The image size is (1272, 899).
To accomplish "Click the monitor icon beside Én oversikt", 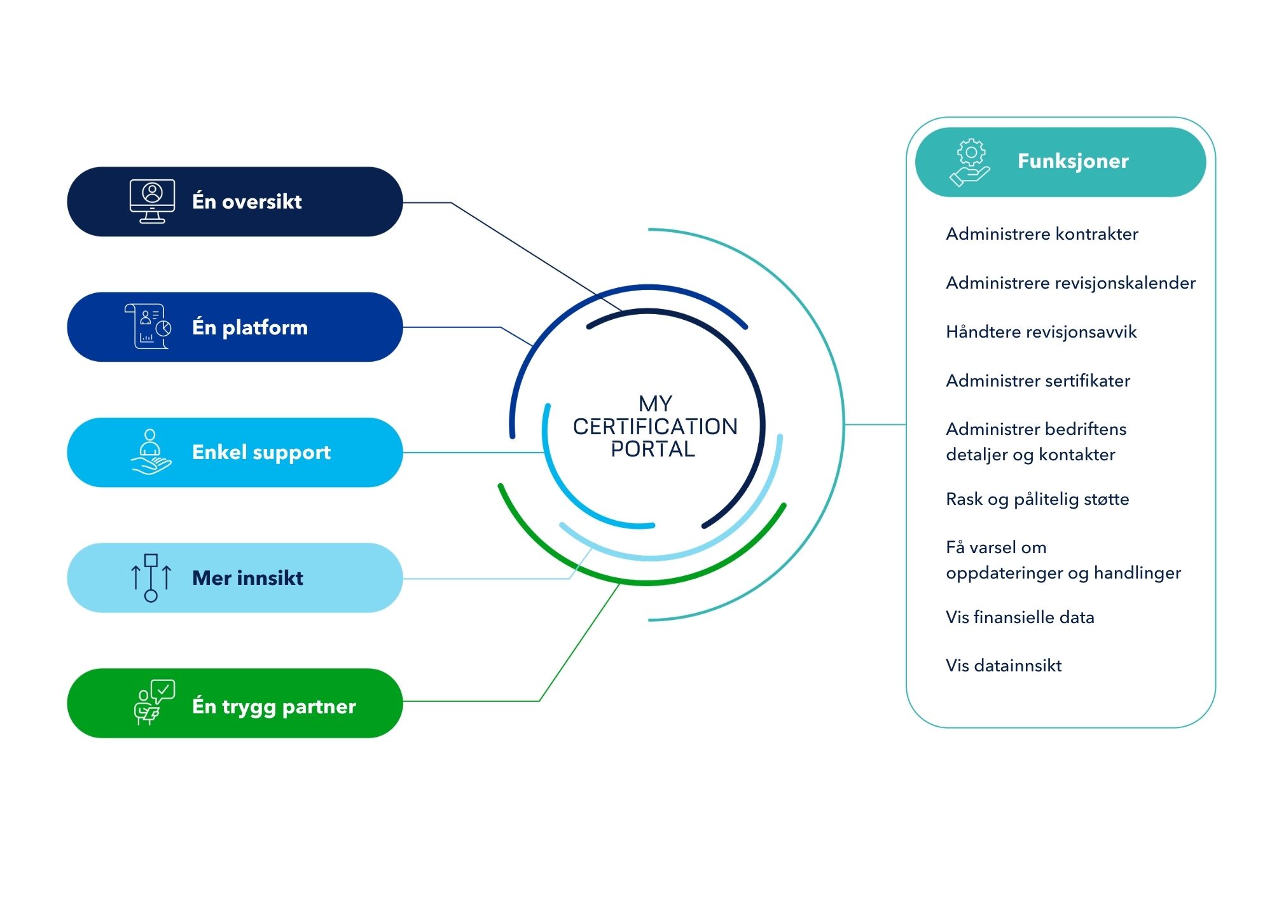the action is pos(152,202).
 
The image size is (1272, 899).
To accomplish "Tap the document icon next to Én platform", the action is pos(148,326).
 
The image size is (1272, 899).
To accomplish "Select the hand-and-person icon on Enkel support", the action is pos(151,451).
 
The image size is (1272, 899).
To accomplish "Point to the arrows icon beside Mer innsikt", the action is pos(151,577).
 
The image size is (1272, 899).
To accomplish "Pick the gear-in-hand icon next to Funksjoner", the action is pos(970,163).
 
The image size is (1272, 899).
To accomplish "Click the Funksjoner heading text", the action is pos(1073,161).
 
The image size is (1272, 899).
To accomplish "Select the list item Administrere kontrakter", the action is pos(1042,234).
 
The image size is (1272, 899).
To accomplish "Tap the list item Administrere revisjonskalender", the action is pos(1070,283).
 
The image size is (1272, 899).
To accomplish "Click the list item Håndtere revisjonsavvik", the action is pos(1041,332).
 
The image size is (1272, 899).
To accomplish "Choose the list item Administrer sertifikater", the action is pos(1038,381).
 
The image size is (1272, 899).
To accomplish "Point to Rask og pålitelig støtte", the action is pos(1037,499).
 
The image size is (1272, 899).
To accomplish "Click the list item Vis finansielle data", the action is pos(1020,617).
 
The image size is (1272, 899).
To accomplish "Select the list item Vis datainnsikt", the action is pos(1004,666).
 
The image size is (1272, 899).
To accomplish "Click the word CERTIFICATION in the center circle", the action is pos(655,427).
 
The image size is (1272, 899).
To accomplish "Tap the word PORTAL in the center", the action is pos(653,449).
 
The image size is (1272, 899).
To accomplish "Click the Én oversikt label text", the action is pos(247,201).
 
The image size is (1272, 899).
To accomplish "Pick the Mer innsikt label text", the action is pos(247,578).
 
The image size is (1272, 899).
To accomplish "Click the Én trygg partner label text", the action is pos(274,706).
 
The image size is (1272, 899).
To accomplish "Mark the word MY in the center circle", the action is pos(655,404).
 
